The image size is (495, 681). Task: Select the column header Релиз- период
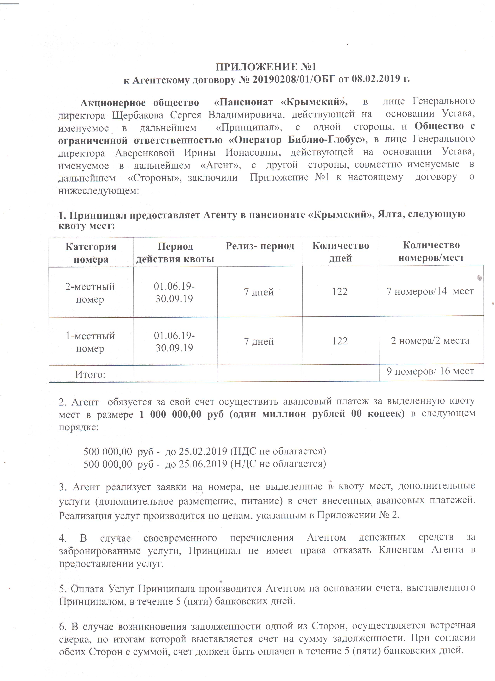pyautogui.click(x=260, y=246)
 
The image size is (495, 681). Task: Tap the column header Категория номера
pyautogui.click(x=91, y=253)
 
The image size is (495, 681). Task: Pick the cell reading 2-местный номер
pyautogui.click(x=90, y=293)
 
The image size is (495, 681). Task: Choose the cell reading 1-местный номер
pyautogui.click(x=90, y=342)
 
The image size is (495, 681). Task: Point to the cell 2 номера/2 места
pyautogui.click(x=430, y=341)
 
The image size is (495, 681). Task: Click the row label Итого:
pyautogui.click(x=90, y=374)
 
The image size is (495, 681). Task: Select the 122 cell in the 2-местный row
pyautogui.click(x=340, y=292)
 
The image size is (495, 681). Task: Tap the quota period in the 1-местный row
pyautogui.click(x=174, y=342)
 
